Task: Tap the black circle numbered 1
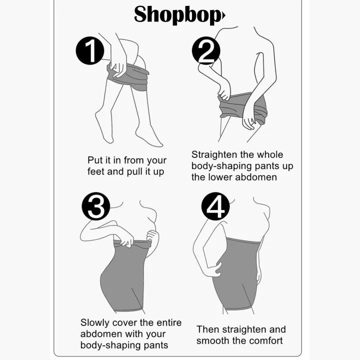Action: pos(90,50)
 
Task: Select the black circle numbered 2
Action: pos(206,50)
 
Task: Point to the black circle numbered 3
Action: pos(96,206)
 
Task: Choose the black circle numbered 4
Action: pos(215,206)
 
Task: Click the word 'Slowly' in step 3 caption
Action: pos(95,323)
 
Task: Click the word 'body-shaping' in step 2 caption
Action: pos(222,166)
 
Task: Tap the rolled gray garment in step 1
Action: pos(128,77)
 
